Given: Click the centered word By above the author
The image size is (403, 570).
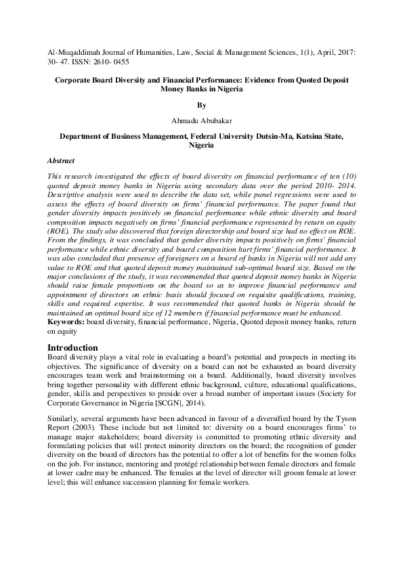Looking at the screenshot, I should [x=201, y=106].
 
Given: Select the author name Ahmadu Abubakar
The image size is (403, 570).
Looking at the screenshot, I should [x=201, y=122].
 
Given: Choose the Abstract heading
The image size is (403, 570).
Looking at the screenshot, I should [x=60, y=162].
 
